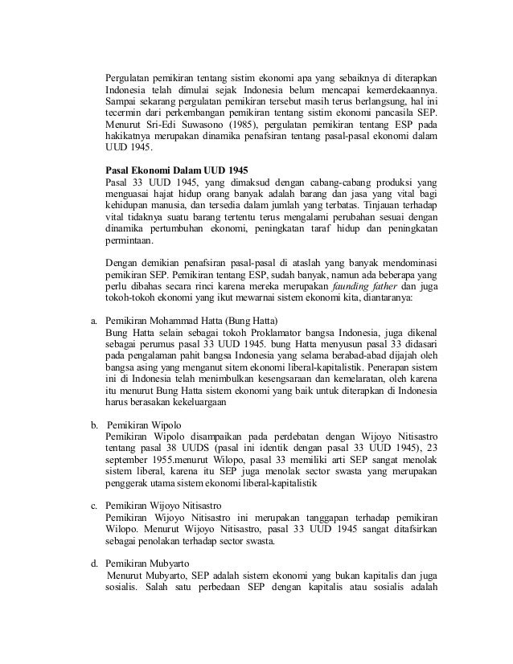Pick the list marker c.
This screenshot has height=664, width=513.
(x=93, y=505)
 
